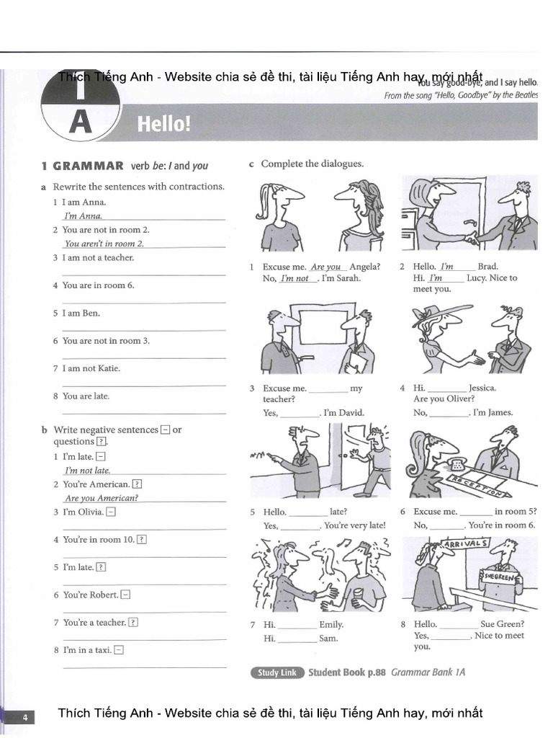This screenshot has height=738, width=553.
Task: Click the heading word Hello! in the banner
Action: [164, 125]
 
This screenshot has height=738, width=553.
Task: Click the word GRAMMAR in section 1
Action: [89, 166]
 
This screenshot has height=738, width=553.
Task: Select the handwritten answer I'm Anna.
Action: [83, 215]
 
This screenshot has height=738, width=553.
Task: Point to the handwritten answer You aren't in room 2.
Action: [104, 244]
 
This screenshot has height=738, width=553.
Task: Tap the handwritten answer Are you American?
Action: [102, 498]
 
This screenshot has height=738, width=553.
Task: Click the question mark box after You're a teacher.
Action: [133, 623]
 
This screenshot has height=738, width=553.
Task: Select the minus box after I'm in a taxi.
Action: [119, 650]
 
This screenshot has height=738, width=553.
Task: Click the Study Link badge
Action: [277, 672]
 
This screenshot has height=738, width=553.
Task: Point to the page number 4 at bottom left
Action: [24, 717]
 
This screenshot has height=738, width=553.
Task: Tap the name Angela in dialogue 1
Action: [365, 267]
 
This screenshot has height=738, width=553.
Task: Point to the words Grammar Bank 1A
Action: [428, 672]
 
